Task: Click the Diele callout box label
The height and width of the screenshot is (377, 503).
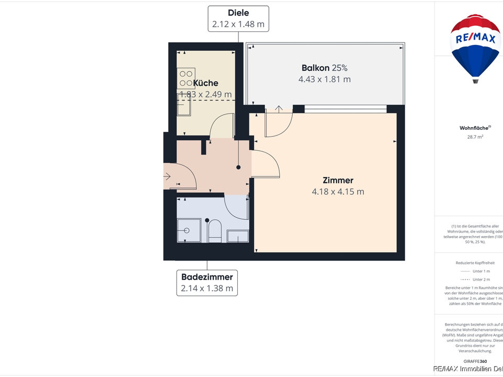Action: (238, 18)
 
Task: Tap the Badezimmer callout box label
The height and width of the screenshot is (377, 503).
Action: (207, 282)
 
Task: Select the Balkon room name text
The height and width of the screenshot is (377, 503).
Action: (315, 68)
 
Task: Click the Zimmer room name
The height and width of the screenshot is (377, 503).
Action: (338, 181)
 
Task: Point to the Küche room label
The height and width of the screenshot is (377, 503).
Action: (205, 83)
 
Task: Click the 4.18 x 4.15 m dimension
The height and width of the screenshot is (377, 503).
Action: (338, 192)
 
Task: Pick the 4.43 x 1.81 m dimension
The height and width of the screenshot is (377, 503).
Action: (324, 79)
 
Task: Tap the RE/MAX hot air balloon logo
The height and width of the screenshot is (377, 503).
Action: (475, 47)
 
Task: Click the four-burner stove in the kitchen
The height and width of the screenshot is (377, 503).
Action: (186, 78)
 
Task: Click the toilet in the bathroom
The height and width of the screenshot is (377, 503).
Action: (215, 231)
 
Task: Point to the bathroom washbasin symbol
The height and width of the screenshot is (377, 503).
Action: (237, 236)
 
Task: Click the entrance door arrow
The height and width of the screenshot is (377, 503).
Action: (167, 176)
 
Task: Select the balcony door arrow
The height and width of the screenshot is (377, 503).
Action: (279, 109)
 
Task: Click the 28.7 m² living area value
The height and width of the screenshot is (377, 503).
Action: (475, 137)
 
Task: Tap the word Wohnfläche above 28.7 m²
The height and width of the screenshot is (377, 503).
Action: (474, 128)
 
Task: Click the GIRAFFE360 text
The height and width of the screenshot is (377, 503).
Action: (475, 361)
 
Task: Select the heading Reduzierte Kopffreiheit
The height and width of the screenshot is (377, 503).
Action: (475, 262)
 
